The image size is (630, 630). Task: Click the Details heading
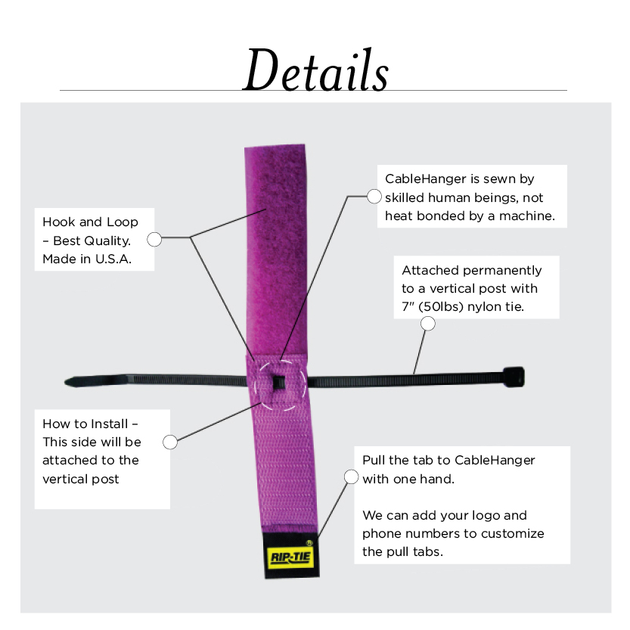(x=316, y=70)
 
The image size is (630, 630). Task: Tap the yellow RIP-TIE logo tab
(x=291, y=557)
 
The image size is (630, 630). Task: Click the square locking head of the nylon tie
(x=514, y=377)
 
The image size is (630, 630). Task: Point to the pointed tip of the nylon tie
(x=67, y=382)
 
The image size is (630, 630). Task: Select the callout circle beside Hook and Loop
(x=154, y=240)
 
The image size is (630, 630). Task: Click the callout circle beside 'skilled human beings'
(x=374, y=197)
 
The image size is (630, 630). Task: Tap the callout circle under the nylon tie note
(x=428, y=324)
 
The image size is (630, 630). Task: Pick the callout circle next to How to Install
(x=170, y=442)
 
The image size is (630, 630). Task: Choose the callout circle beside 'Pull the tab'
(x=351, y=477)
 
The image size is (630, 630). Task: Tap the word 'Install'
(x=110, y=424)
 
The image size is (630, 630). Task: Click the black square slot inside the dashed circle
(x=279, y=383)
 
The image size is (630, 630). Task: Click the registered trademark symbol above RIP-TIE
(x=309, y=543)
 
